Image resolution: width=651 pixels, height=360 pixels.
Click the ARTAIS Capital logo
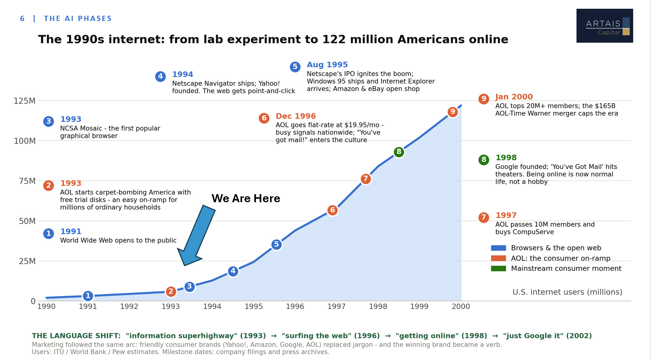click(x=604, y=26)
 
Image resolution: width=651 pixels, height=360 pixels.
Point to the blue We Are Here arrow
click(x=197, y=235)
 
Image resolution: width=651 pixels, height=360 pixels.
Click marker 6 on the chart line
click(x=332, y=210)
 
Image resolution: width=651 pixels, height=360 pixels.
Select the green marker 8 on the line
click(x=399, y=152)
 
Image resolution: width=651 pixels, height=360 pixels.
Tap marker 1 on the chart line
click(x=88, y=296)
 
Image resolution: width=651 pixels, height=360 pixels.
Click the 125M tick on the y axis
click(x=24, y=101)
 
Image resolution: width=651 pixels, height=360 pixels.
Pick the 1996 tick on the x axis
click(x=295, y=306)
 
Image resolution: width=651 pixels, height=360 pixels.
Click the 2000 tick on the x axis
click(x=461, y=306)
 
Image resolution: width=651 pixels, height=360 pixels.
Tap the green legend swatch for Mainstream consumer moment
click(x=498, y=268)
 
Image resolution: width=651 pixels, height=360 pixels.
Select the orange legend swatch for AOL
click(x=498, y=258)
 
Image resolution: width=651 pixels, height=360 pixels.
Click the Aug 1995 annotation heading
click(x=327, y=65)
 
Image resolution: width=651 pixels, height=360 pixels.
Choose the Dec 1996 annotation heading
click(x=296, y=116)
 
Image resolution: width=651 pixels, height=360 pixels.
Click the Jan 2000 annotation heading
click(x=514, y=97)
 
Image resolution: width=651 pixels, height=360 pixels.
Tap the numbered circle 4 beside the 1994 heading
click(x=160, y=76)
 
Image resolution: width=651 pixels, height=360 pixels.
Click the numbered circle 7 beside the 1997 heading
click(x=483, y=217)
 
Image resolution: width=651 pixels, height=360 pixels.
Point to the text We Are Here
click(x=246, y=198)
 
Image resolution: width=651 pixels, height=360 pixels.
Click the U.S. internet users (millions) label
click(x=567, y=292)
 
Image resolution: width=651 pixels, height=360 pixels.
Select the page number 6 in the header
click(x=22, y=19)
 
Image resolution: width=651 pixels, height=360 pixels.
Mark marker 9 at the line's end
click(x=452, y=112)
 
